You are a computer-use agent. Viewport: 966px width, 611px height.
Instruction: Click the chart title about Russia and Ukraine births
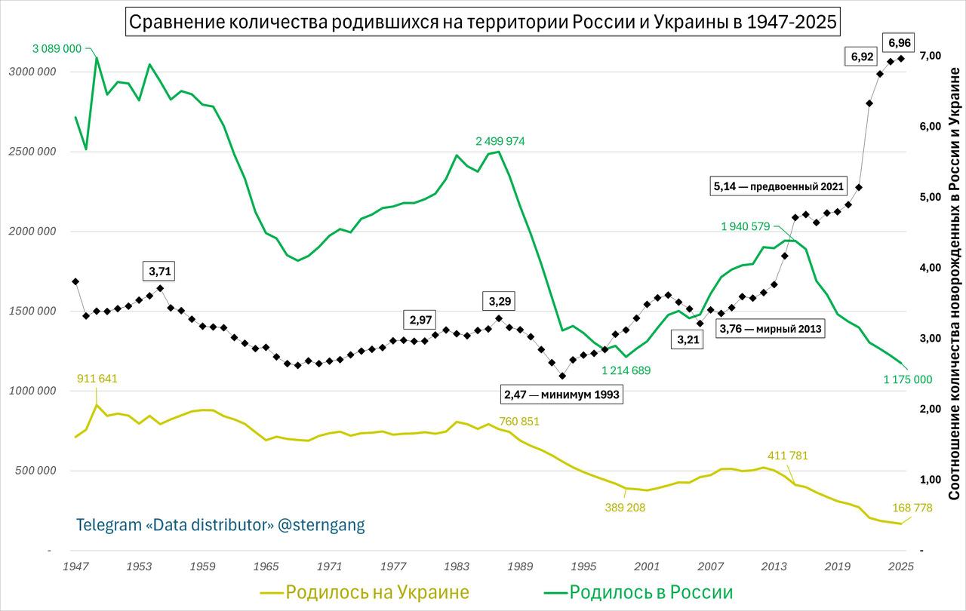tap(482, 23)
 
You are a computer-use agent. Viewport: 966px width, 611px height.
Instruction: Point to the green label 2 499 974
tap(489, 141)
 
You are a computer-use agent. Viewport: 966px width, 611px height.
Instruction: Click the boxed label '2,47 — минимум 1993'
tap(562, 394)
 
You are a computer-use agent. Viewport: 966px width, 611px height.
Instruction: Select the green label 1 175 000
tap(908, 379)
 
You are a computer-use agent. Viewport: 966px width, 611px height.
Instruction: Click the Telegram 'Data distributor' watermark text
tap(220, 525)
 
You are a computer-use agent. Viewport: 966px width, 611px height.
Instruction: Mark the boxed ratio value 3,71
tap(158, 271)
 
